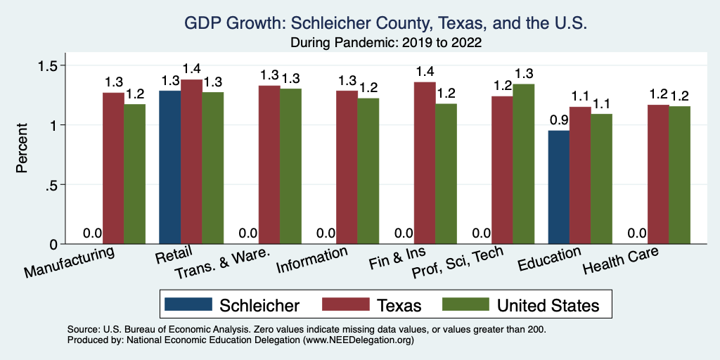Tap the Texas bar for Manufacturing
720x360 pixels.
(x=113, y=168)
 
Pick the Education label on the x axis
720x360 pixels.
(x=549, y=259)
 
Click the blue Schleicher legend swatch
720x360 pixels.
(x=188, y=304)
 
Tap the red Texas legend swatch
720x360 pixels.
(x=347, y=304)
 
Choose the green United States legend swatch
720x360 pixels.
(x=465, y=304)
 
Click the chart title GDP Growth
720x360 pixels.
(x=385, y=23)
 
